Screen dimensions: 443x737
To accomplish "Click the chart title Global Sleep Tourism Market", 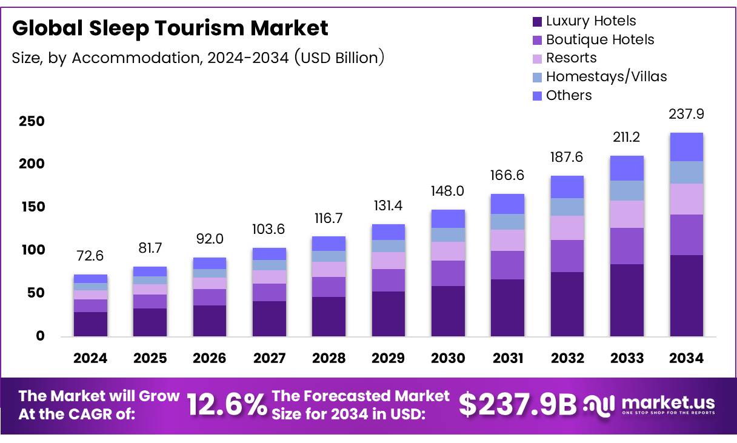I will pos(170,28).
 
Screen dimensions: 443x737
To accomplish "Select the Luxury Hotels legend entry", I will pos(590,21).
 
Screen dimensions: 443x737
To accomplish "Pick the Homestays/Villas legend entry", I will pos(606,77).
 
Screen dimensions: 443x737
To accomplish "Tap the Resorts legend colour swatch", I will pos(537,59).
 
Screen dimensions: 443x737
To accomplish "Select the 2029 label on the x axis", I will pos(389,358).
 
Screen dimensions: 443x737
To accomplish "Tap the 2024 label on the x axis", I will pos(90,358).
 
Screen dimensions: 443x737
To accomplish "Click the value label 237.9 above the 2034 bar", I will pos(687,115).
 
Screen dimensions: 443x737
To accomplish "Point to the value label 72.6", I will pos(90,256).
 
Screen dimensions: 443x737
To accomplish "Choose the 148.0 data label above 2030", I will pos(448,192).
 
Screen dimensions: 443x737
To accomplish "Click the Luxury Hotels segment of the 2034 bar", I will pos(687,296).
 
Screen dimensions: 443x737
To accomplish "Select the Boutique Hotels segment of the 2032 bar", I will pos(567,256).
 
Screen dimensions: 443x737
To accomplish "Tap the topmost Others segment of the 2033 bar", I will pos(627,168).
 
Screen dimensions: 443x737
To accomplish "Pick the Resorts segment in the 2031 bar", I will pos(507,240).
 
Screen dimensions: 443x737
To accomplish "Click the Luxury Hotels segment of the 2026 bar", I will pos(210,321).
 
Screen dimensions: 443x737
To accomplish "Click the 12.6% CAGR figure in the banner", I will pos(226,405).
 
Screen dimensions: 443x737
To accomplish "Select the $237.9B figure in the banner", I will pos(518,405).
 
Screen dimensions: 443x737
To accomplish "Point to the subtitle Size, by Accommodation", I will pos(198,58).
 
